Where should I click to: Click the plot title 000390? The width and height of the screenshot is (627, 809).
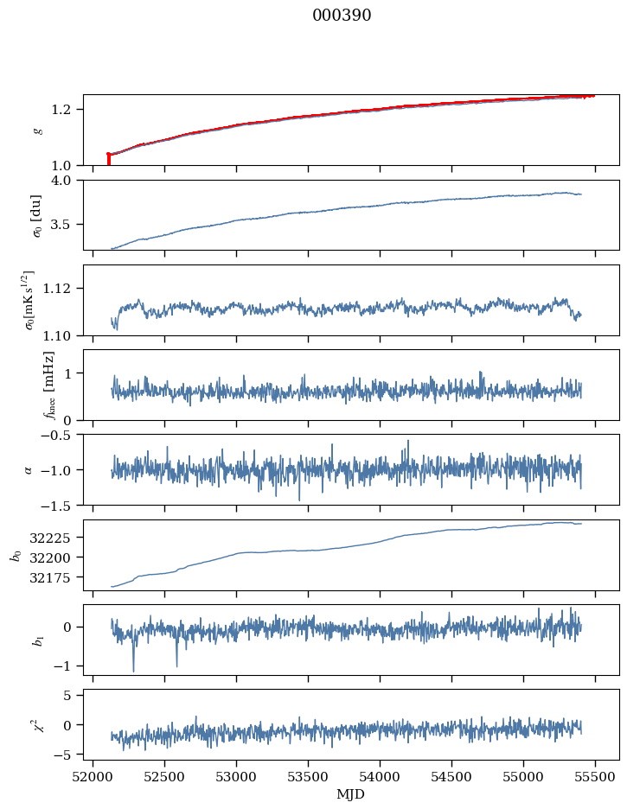342,16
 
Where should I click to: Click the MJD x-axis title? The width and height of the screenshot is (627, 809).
350,794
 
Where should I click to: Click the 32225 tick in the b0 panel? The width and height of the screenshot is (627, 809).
55,538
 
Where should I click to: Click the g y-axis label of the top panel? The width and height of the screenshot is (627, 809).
37,130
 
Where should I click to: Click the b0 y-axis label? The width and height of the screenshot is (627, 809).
15,555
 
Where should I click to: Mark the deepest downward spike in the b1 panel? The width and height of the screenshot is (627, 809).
133,670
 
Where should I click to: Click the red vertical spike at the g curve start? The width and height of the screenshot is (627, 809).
108,159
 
